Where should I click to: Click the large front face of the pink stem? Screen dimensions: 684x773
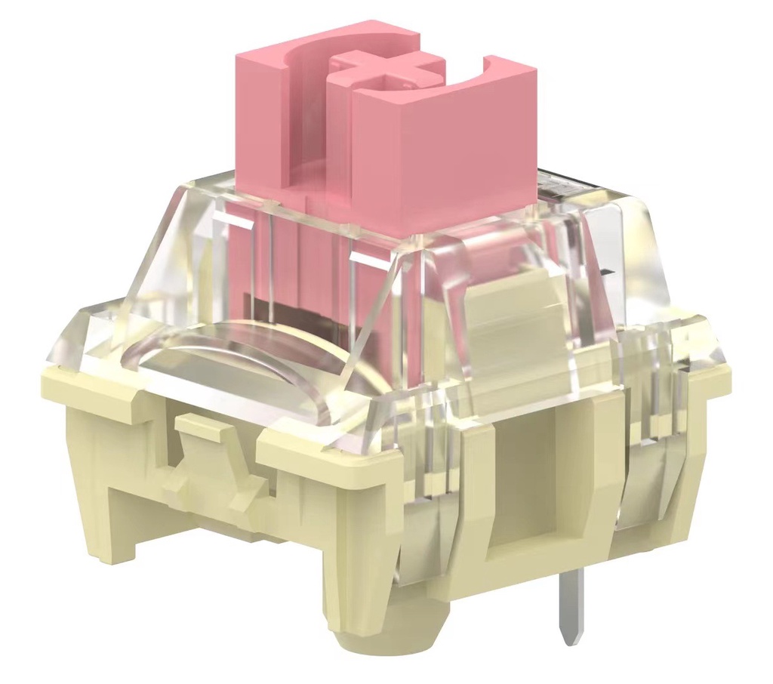click(x=445, y=162)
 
